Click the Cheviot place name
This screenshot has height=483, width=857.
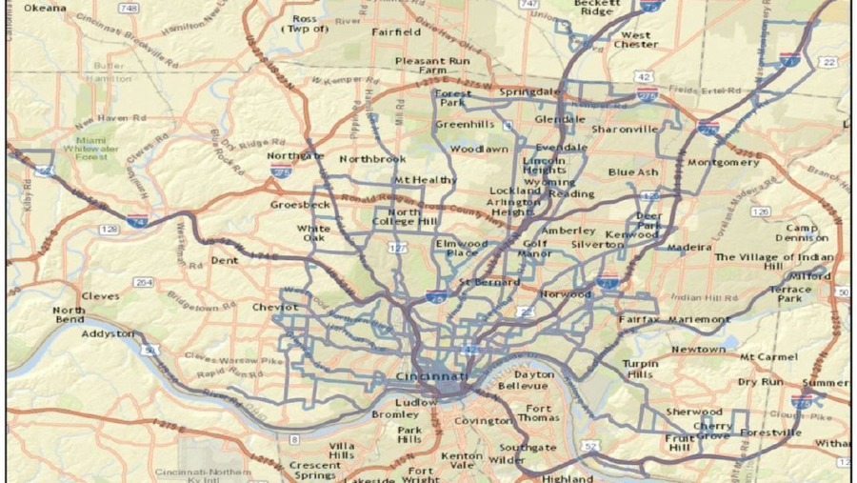click(275, 307)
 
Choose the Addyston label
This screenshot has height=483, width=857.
click(109, 334)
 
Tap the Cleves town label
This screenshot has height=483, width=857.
click(101, 296)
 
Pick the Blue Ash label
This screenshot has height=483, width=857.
click(633, 172)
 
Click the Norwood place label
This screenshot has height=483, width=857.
click(566, 294)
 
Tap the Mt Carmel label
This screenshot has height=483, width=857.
click(768, 356)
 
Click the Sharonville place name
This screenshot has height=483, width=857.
click(625, 129)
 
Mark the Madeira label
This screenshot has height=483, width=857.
click(689, 248)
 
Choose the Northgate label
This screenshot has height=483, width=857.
click(295, 155)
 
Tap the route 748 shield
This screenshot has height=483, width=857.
click(130, 9)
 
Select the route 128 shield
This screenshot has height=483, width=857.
click(110, 230)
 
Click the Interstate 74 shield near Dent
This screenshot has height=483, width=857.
click(138, 221)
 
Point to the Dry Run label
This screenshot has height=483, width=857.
click(760, 381)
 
